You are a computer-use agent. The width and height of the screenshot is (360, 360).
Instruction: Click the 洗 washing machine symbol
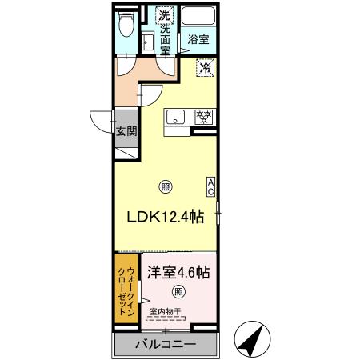click(164, 14)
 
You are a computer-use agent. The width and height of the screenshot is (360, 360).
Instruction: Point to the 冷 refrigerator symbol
click(205, 70)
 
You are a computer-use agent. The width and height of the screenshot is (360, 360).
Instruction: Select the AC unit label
click(211, 186)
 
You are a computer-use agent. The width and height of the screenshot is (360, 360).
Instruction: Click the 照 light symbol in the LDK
click(165, 187)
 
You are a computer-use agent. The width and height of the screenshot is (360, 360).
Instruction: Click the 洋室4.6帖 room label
click(178, 271)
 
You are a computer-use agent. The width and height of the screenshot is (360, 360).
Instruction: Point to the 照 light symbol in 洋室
click(178, 291)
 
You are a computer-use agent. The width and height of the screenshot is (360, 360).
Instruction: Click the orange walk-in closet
click(126, 288)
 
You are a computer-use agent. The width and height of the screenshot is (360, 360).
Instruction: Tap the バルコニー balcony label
click(165, 346)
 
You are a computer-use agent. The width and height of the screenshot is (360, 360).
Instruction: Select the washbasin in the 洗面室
click(147, 41)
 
